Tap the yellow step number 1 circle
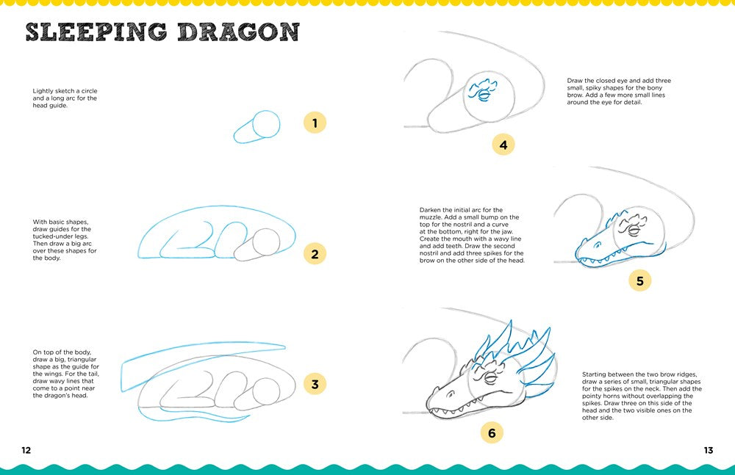315,123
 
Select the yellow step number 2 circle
315,255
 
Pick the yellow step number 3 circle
315,383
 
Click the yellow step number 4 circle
503,145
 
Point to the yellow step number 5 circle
639,280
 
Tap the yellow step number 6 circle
492,433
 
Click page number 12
26,450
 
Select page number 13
708,450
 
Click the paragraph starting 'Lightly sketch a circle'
65,98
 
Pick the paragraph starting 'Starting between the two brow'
642,395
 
